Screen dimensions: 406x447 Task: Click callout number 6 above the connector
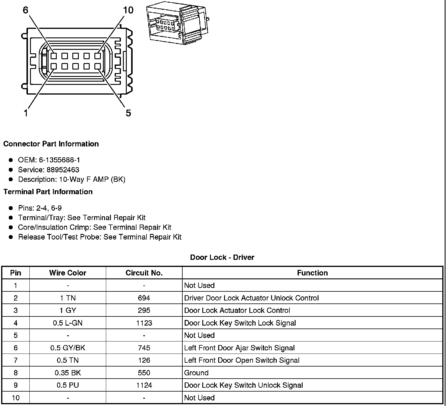tap(26, 10)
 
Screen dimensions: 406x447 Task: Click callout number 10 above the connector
tap(128, 10)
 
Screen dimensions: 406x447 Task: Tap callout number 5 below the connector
tap(128, 113)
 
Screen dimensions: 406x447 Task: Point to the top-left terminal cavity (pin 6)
tap(54, 56)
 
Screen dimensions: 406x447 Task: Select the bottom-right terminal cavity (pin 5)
tap(98, 66)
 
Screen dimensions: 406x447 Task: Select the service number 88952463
tap(63, 170)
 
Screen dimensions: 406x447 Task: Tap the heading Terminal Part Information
tap(48, 192)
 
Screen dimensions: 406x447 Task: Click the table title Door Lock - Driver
tap(222, 257)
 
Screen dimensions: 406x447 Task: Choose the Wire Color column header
tap(68, 273)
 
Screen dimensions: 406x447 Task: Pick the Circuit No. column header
tap(144, 273)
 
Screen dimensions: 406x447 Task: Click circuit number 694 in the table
tap(144, 298)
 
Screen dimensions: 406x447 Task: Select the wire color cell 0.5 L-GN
tap(68, 323)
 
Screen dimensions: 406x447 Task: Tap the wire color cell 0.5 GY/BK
tap(68, 348)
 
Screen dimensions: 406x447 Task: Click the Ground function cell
tap(196, 373)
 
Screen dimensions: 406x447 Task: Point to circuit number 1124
tap(144, 385)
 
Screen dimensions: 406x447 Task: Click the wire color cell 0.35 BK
tap(68, 373)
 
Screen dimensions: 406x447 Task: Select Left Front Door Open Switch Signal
tap(241, 360)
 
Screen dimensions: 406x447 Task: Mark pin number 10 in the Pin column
tap(16, 398)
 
